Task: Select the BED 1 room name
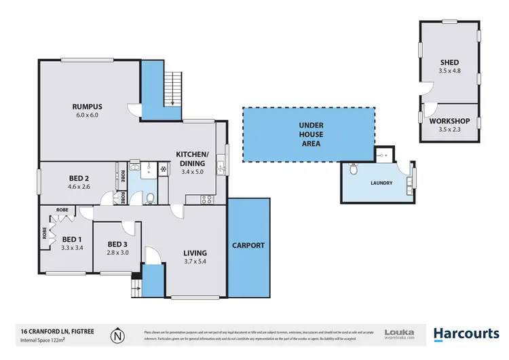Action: point(71,239)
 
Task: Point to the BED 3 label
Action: point(117,244)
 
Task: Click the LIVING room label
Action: point(195,254)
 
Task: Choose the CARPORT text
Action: point(248,245)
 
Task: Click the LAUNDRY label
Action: point(381,183)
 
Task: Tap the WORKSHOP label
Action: point(449,121)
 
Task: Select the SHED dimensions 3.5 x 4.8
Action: point(449,71)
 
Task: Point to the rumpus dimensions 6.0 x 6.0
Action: point(87,115)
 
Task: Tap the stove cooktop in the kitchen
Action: point(206,199)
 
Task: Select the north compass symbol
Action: point(119,334)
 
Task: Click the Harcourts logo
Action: point(466,333)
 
